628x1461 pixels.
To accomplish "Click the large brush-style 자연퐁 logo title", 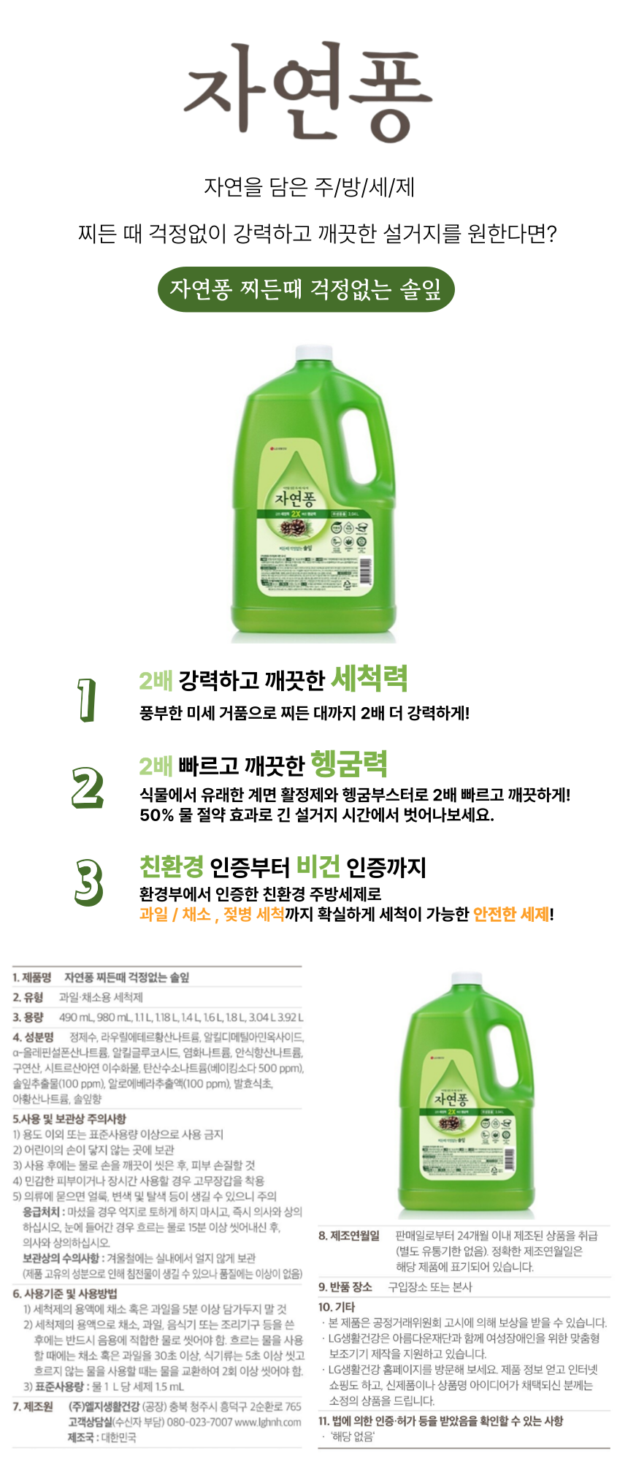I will click(307, 91).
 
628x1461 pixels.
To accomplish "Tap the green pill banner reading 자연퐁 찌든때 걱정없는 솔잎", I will click(306, 289).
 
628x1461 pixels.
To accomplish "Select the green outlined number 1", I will click(87, 700).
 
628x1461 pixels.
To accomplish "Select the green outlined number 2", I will click(88, 787).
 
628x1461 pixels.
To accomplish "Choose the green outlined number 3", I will click(88, 882).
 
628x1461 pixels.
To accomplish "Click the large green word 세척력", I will click(369, 679).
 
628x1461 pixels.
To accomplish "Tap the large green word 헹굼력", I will click(349, 764).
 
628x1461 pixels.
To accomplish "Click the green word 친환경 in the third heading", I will click(172, 867).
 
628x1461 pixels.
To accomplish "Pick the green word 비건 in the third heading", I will click(318, 867).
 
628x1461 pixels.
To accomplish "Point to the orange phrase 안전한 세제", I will click(511, 915).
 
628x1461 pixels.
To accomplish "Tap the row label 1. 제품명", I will click(31, 977).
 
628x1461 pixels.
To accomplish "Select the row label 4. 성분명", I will click(33, 1037).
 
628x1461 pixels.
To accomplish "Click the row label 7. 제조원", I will click(33, 1406).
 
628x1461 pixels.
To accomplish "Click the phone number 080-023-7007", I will click(199, 1422).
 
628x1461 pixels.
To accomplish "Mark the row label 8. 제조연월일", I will click(349, 1235).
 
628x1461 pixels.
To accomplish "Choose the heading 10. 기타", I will click(336, 1307).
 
